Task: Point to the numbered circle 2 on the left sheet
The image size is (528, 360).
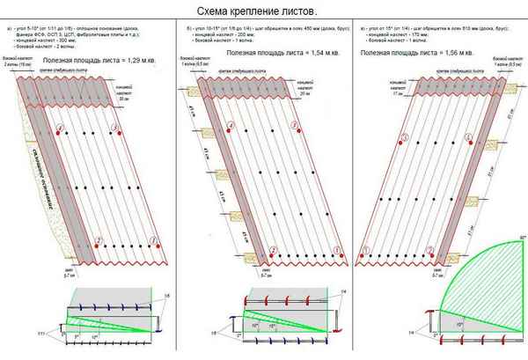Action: (x=99, y=240)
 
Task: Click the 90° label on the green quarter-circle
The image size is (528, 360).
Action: (x=521, y=239)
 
